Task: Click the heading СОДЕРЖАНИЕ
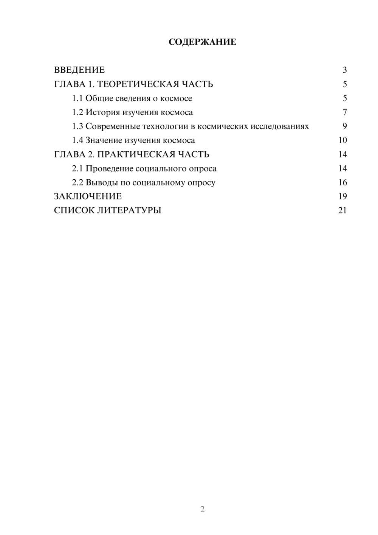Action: [x=202, y=42]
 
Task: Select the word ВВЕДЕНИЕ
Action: [x=79, y=70]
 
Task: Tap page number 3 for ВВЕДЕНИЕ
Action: [x=345, y=70]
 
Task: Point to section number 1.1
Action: [x=77, y=98]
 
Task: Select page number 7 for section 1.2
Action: [x=345, y=112]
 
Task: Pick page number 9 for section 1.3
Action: [x=345, y=126]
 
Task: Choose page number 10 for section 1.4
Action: [x=342, y=140]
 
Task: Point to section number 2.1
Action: [x=77, y=168]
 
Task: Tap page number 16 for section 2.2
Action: [x=342, y=182]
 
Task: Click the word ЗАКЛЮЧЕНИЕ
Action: [x=88, y=196]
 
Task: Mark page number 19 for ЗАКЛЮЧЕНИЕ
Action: [x=342, y=196]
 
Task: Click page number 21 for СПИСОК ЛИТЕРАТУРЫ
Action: [x=342, y=210]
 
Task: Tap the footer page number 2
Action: [x=202, y=509]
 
